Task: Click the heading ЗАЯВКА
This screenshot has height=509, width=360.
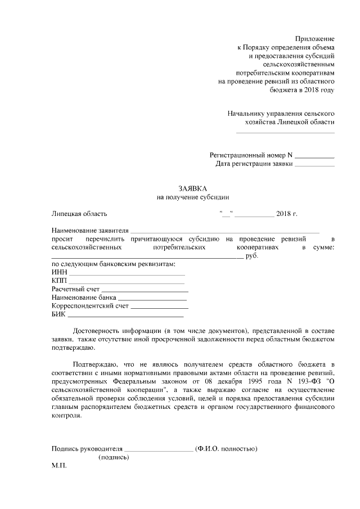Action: point(193,188)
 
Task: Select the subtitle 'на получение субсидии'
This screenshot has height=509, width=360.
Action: point(193,197)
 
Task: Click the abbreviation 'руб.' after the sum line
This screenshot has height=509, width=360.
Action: point(252,256)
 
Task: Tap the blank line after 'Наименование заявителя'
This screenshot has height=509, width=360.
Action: point(225,231)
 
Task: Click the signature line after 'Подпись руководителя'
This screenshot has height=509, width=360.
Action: point(159,449)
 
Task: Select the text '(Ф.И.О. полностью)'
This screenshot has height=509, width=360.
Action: point(226,448)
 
